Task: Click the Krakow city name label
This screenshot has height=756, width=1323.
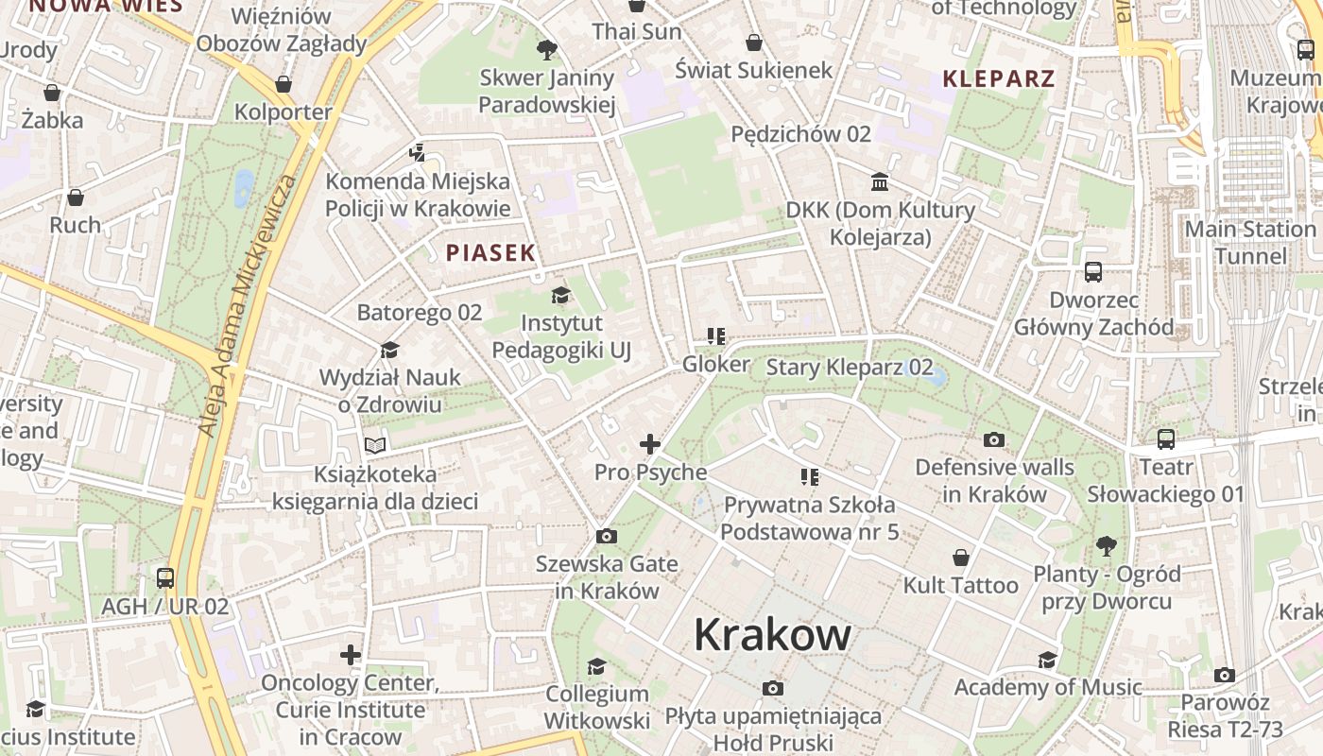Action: (772, 635)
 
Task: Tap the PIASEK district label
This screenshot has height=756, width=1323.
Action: (490, 252)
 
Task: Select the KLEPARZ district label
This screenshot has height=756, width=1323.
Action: (999, 78)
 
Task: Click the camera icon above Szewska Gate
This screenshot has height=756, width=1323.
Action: (607, 537)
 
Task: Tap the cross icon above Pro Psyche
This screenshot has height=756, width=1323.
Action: (650, 443)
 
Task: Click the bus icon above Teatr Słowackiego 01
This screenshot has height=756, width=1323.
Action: (1166, 439)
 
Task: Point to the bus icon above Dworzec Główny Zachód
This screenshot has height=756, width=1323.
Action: (1093, 272)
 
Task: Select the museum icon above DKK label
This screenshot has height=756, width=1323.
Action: (880, 180)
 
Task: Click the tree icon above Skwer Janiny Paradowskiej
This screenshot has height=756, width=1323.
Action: (546, 50)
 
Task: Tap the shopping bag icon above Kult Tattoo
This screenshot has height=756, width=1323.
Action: (961, 558)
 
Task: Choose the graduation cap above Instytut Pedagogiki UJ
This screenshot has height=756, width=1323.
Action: (560, 296)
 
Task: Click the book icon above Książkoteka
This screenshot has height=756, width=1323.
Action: (375, 445)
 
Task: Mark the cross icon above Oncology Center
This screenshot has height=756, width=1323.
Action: (351, 654)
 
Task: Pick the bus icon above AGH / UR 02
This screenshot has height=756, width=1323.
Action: (165, 577)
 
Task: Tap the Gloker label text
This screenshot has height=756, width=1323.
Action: (716, 364)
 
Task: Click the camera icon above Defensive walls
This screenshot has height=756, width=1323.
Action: (994, 439)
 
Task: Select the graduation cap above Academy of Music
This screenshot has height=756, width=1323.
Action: (1048, 660)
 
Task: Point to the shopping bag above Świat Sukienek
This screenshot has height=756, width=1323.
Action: (754, 43)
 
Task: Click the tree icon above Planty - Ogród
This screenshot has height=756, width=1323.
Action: (1107, 545)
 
